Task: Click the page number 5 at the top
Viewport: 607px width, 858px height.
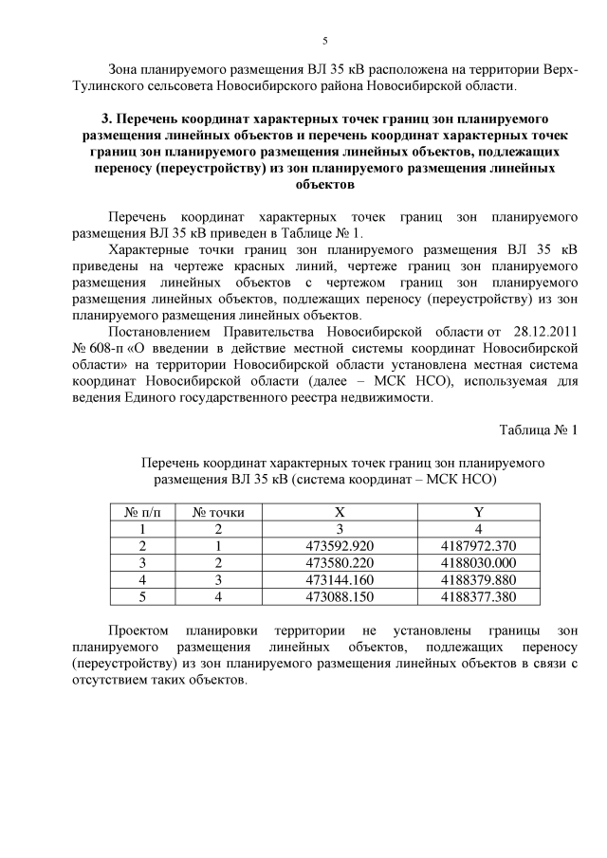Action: coord(324,41)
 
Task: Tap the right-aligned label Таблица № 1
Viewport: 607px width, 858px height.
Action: coord(538,429)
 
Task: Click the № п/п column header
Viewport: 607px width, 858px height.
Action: coord(142,512)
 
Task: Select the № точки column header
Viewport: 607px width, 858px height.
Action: coord(218,512)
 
